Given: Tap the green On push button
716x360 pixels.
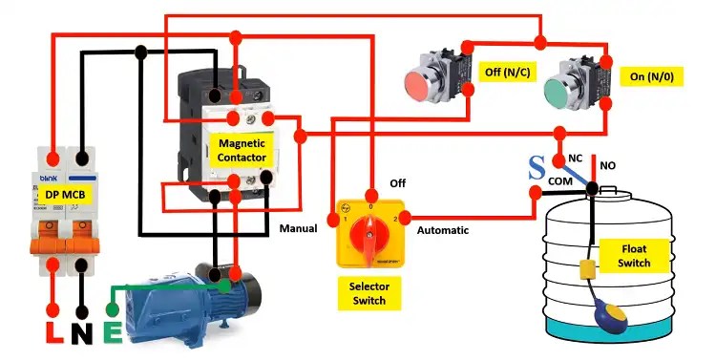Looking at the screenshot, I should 556,94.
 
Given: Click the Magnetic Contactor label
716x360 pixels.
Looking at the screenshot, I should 242,148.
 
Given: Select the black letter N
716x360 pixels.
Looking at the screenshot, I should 84,334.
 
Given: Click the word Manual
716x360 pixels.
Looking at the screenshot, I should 298,229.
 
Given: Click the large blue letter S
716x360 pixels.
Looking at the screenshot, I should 537,169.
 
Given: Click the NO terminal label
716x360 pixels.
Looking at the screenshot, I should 608,165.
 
